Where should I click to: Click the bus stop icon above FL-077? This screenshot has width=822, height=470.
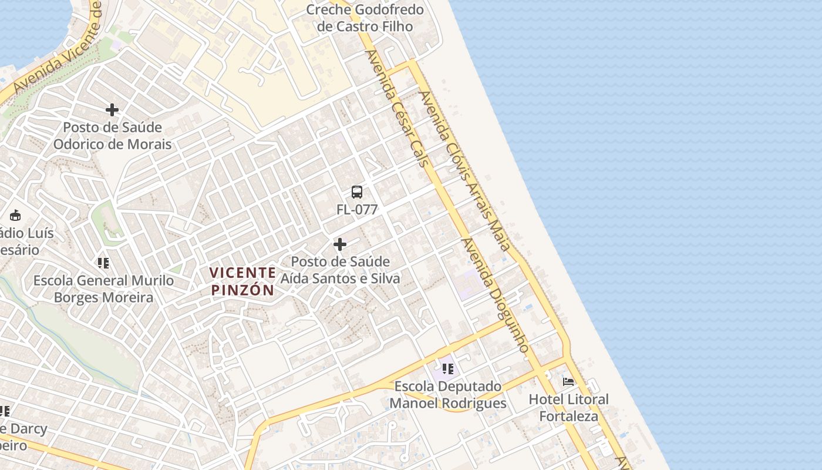(357, 192)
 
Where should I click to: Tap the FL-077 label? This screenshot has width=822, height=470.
(357, 210)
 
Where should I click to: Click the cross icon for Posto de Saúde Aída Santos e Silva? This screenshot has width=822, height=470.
(339, 244)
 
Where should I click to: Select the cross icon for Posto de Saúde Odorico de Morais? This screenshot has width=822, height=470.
(112, 110)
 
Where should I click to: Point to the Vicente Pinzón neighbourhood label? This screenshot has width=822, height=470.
(242, 281)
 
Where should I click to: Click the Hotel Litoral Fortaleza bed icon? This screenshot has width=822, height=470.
(568, 382)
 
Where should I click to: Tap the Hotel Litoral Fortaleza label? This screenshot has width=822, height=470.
(569, 408)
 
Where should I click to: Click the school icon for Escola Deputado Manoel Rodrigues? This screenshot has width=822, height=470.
(448, 369)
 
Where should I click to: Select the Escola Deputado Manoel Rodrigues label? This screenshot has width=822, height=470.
(448, 395)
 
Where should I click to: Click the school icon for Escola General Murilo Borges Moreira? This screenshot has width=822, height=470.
(103, 263)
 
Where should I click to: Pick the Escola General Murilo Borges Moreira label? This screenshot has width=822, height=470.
(103, 289)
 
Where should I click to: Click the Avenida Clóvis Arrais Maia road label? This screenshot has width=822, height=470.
(464, 170)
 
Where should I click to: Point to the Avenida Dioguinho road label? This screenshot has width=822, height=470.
(496, 295)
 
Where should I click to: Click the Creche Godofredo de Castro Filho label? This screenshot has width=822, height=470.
(365, 18)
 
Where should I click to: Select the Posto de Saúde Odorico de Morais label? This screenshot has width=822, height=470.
(112, 136)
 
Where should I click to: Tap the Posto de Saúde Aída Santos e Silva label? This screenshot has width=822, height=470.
(340, 270)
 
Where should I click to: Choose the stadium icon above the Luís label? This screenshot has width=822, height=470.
(15, 216)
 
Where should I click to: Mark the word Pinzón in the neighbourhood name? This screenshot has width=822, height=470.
(242, 290)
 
